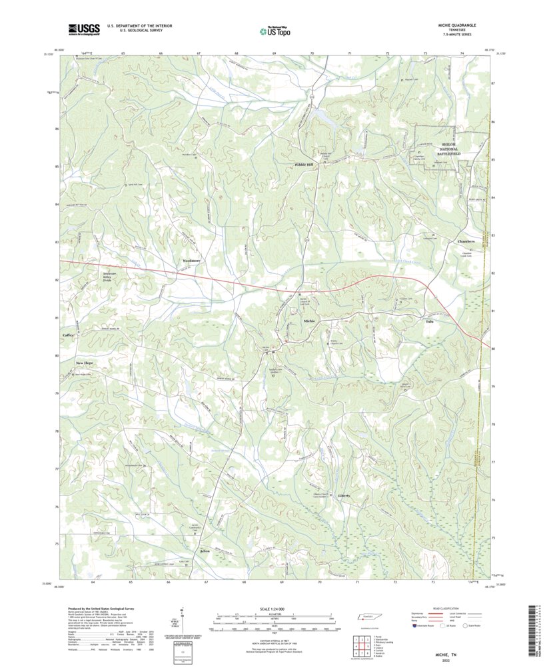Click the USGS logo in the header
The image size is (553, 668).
pyautogui.click(x=83, y=29)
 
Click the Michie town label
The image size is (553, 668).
pyautogui.click(x=309, y=321)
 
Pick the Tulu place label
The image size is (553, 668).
pyautogui.click(x=429, y=321)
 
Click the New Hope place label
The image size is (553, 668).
pyautogui.click(x=85, y=363)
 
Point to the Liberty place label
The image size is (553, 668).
pyautogui.click(x=344, y=496)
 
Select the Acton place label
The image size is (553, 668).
pyautogui.click(x=205, y=551)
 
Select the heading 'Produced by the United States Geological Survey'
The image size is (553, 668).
pyautogui.click(x=101, y=609)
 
